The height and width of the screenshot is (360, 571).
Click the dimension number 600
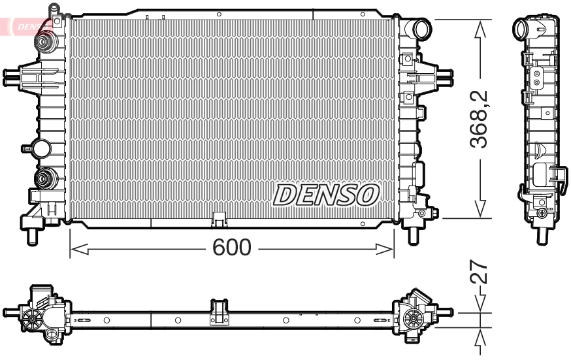coord(232,248)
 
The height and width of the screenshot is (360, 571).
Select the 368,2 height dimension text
coord(481,120)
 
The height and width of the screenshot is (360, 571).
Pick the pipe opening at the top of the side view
coord(523,29)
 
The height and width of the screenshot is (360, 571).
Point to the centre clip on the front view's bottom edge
coord(219,218)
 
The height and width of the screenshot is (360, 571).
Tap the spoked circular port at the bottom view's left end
coord(31,318)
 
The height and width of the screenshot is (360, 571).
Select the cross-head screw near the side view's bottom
coord(542,213)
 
